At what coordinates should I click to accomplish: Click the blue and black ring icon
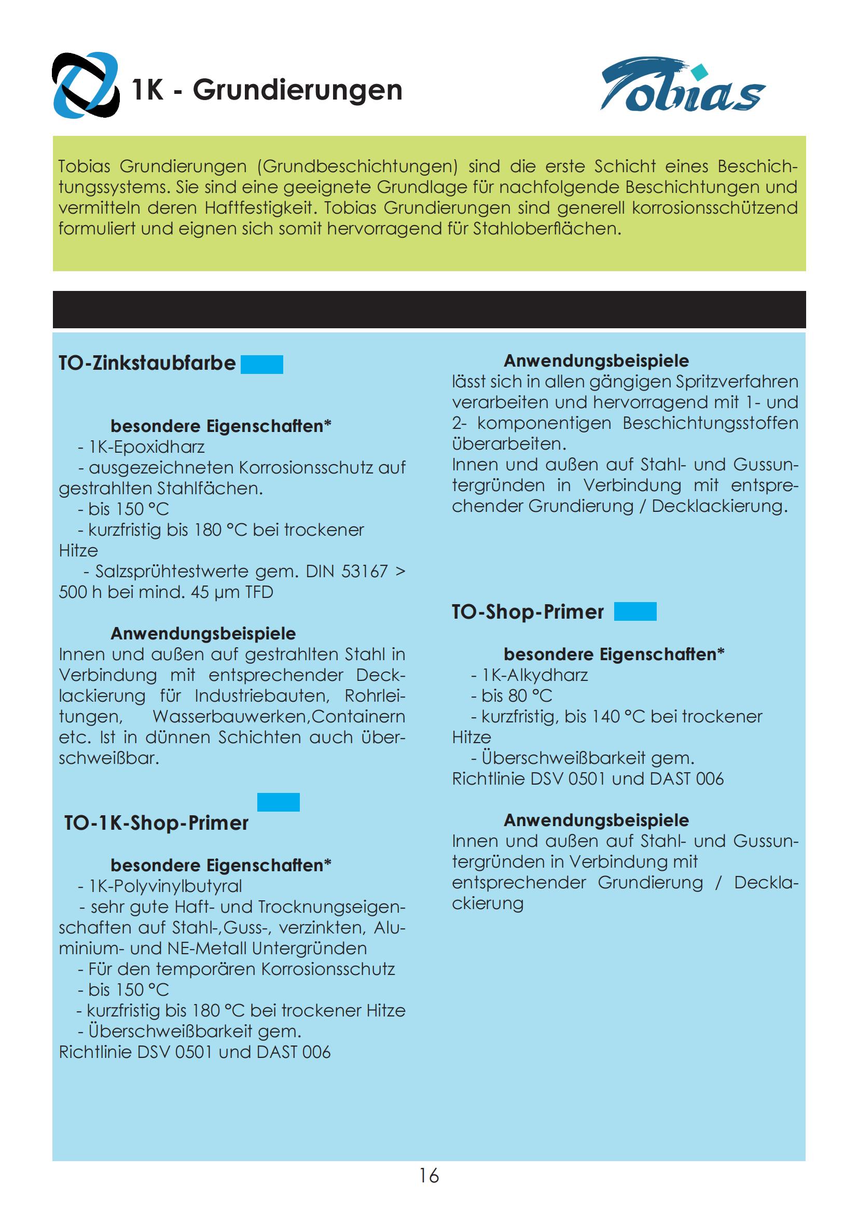85,85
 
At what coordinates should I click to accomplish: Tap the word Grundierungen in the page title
297,90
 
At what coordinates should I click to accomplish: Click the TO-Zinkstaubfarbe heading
147,364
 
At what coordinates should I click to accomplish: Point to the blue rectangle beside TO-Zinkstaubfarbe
261,365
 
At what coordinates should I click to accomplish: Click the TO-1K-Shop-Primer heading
156,823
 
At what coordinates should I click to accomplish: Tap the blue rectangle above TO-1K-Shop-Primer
278,802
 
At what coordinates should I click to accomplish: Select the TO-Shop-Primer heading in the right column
527,612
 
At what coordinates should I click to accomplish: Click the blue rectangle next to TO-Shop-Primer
635,611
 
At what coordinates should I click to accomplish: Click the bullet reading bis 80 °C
516,696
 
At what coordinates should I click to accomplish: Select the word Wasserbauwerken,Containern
279,717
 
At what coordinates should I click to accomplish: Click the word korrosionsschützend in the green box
714,208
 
